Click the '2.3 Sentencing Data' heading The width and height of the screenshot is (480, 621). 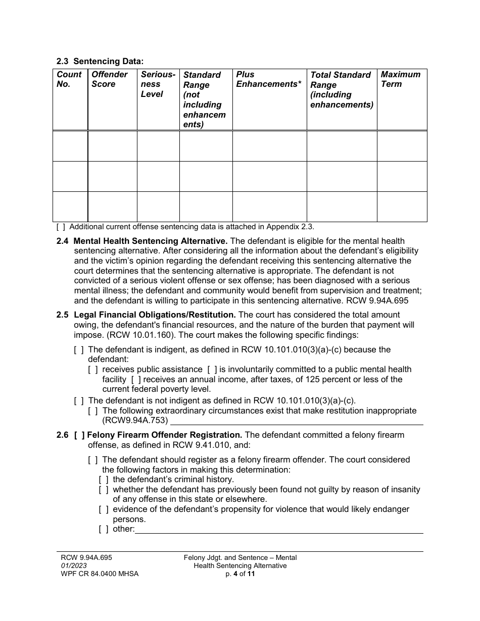click(100, 61)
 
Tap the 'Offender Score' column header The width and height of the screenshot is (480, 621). click(110, 79)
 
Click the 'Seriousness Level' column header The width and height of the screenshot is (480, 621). click(158, 84)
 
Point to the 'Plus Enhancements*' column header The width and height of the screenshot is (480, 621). click(268, 79)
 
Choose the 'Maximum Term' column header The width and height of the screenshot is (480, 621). click(400, 79)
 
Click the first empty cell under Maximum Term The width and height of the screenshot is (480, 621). click(402, 146)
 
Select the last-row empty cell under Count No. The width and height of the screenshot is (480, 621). click(70, 206)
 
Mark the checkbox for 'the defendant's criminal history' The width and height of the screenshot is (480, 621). click(104, 480)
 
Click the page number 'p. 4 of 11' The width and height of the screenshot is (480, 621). click(240, 574)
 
